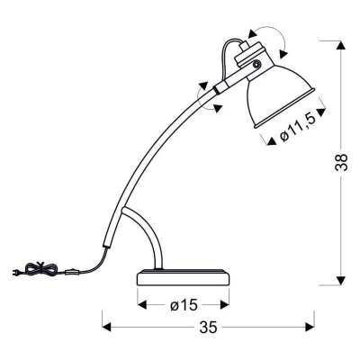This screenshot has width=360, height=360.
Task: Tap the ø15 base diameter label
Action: [x=184, y=304]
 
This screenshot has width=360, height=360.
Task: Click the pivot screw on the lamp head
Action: [x=257, y=66]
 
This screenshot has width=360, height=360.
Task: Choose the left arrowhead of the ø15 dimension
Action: [x=142, y=304]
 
